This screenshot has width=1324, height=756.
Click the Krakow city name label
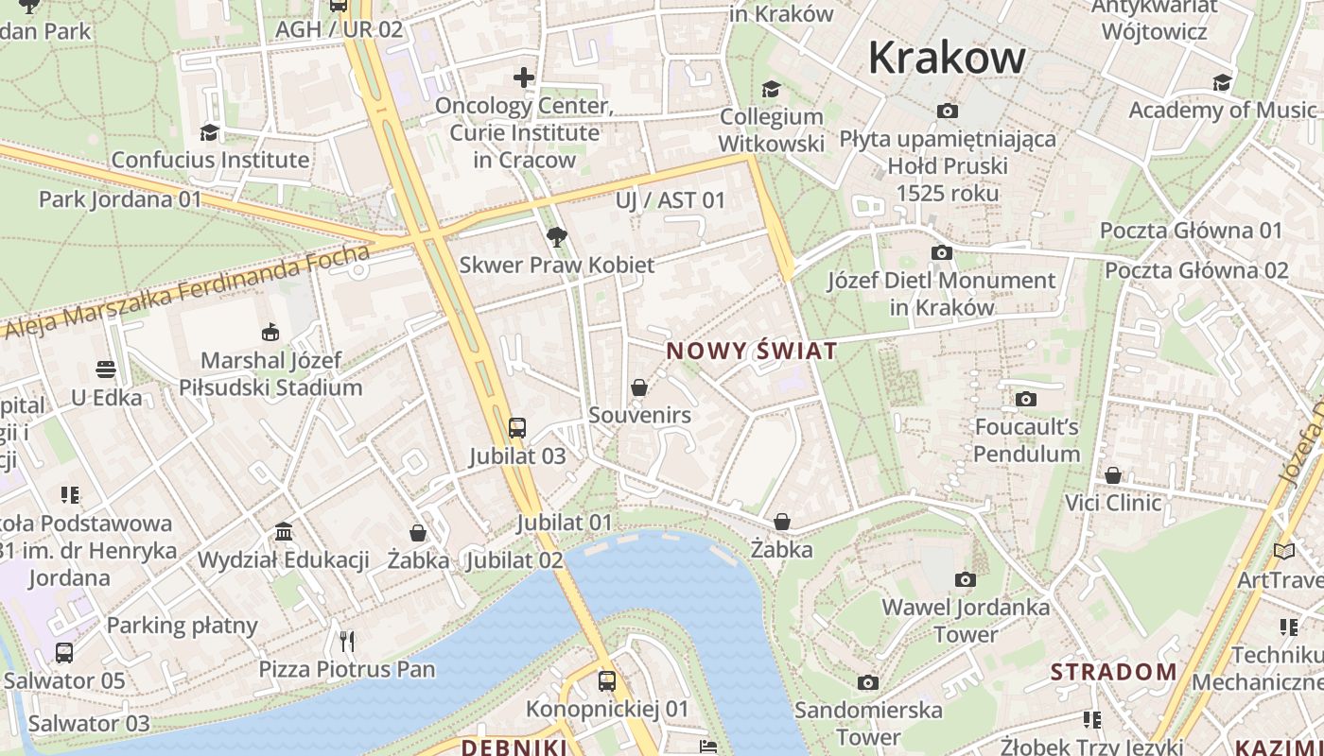(947, 57)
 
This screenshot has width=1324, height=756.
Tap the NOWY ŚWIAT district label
(752, 352)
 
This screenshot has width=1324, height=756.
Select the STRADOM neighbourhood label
(1114, 672)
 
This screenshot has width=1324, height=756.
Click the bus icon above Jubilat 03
(516, 428)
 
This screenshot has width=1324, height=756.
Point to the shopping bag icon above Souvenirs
(639, 387)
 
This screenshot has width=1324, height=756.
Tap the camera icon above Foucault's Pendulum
(1026, 399)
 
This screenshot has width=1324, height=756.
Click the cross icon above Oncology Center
(524, 77)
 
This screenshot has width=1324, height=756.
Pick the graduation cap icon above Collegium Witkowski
(772, 89)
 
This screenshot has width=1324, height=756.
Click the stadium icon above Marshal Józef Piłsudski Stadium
(270, 333)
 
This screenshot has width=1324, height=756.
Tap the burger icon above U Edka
(106, 369)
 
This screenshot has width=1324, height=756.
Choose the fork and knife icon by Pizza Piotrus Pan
(347, 642)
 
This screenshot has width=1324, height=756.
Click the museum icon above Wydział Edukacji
(284, 532)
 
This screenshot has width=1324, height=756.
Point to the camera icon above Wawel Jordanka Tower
(966, 579)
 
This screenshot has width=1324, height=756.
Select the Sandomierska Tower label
(868, 723)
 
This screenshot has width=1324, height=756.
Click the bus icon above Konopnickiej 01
(607, 680)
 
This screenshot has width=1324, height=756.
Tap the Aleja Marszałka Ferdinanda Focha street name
(187, 292)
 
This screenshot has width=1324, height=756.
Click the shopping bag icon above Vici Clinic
(1113, 474)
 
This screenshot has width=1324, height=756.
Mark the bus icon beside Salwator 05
(64, 653)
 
